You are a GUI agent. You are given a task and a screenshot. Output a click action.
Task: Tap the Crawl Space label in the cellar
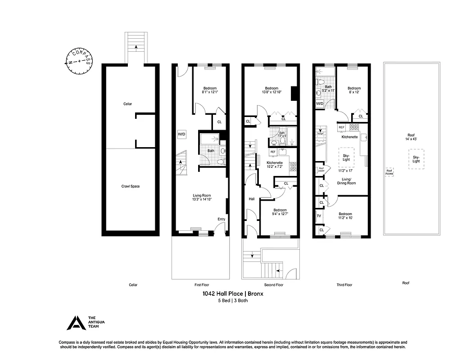[x=131, y=186]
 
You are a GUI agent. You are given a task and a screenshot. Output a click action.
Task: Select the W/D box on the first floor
[x=181, y=134]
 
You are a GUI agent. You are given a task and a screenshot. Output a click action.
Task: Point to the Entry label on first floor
[x=221, y=219]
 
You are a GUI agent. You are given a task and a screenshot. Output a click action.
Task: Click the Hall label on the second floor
[x=252, y=198]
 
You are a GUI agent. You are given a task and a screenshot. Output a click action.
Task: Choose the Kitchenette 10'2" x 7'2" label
[x=275, y=164]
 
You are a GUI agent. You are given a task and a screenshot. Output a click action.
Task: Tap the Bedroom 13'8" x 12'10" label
[x=271, y=90]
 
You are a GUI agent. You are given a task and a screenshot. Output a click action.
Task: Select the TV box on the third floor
[x=319, y=216]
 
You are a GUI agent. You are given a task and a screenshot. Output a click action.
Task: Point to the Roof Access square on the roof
[x=389, y=172]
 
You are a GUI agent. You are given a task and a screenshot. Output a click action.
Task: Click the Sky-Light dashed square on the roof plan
[x=416, y=159]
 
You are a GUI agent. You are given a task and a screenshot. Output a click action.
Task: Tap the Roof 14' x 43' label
[x=411, y=137]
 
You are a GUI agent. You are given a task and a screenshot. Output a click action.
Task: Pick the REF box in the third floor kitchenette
[x=341, y=127]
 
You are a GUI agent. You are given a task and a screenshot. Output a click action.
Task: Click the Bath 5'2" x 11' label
[x=328, y=89]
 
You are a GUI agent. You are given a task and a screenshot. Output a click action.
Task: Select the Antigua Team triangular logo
[x=75, y=322]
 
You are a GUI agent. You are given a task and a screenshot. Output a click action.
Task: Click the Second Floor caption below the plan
[x=273, y=285]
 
